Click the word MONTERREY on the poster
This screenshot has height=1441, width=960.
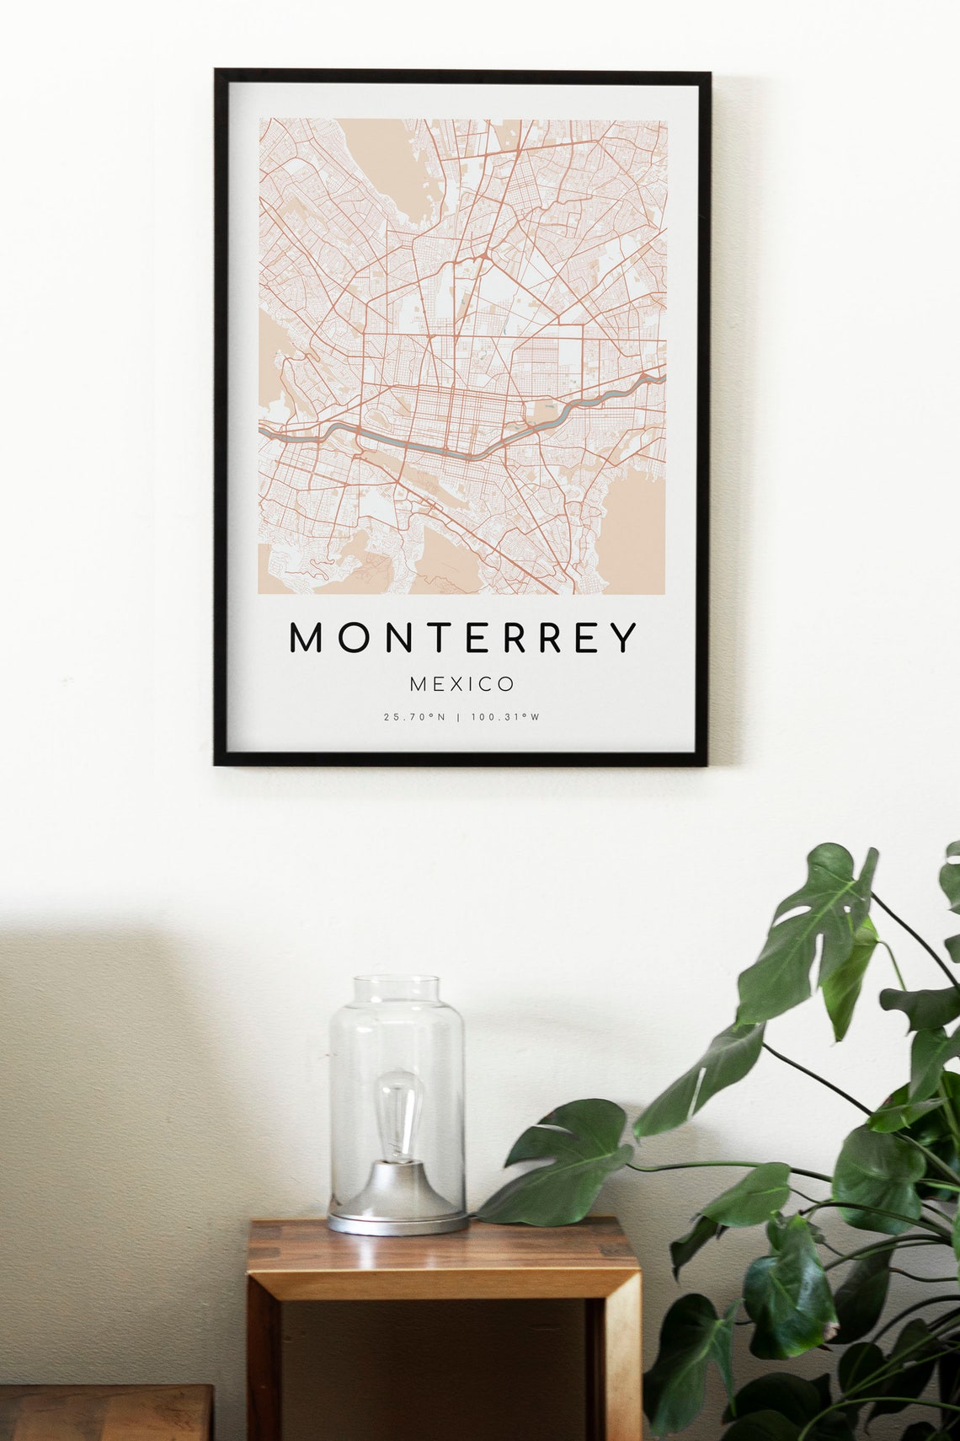pos(462,638)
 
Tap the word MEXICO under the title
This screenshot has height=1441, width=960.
pos(461,683)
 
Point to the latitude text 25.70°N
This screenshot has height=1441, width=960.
pos(413,717)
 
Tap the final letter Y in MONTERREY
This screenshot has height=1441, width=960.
pos(624,638)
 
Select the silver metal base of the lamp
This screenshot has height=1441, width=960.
pos(396,1197)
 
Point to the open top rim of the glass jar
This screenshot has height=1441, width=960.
pos(396,983)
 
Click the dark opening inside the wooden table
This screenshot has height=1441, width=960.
pos(438,1365)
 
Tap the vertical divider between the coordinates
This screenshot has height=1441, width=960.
pos(459,717)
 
